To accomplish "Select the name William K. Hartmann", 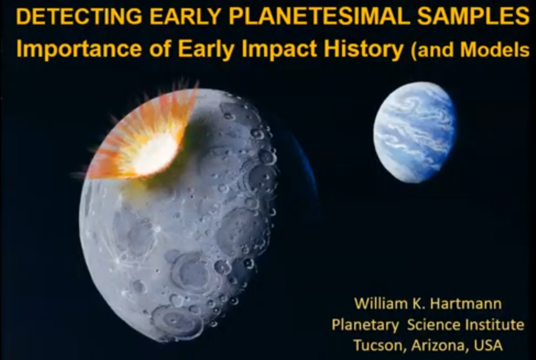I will click(x=428, y=303).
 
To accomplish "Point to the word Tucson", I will click(x=379, y=346).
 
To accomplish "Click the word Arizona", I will click(x=437, y=346).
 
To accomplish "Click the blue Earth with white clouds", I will click(x=415, y=132).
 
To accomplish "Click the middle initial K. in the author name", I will click(x=413, y=303).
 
